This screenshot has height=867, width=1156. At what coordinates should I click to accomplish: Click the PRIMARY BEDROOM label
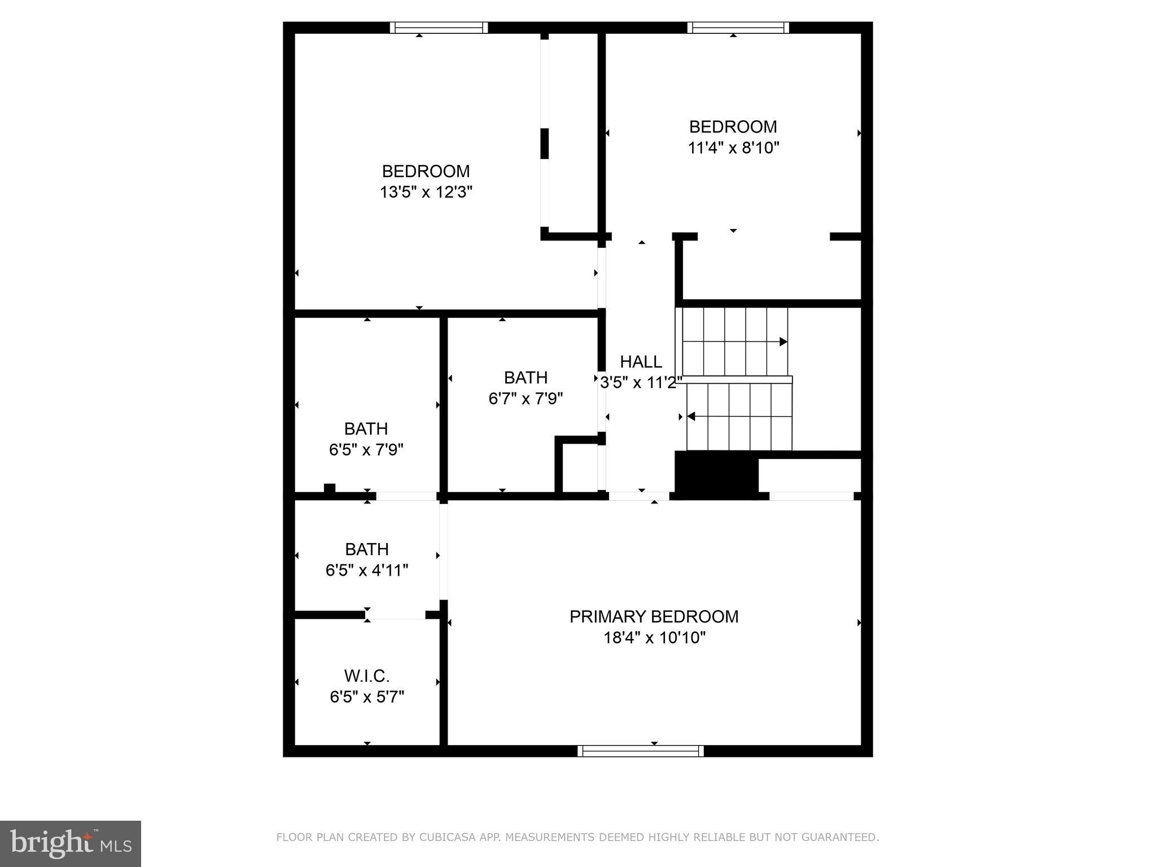click(654, 616)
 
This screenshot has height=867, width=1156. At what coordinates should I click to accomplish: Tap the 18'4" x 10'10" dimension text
click(654, 638)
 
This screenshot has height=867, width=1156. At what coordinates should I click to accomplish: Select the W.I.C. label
click(367, 676)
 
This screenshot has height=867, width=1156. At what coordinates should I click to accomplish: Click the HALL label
click(641, 362)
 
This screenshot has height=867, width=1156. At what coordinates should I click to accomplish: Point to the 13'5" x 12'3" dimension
click(426, 192)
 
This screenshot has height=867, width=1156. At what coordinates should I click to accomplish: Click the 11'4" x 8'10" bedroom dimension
click(733, 148)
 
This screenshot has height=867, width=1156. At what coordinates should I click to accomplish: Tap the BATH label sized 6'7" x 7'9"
click(526, 378)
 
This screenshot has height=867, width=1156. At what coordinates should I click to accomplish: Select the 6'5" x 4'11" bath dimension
click(367, 570)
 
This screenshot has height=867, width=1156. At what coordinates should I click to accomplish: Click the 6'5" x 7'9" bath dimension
click(366, 450)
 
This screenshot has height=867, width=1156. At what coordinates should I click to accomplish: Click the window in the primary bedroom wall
click(641, 751)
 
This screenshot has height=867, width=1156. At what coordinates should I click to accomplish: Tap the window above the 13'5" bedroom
click(439, 28)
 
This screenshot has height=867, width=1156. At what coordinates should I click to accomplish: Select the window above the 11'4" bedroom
click(738, 28)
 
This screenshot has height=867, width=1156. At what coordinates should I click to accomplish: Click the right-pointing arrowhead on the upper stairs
click(783, 341)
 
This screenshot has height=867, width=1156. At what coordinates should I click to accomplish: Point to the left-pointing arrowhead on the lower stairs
click(690, 417)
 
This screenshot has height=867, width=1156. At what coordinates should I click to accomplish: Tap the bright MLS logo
click(70, 843)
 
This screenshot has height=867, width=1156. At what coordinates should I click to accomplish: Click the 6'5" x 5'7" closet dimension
click(367, 697)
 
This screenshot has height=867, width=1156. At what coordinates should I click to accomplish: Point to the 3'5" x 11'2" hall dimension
click(641, 383)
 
